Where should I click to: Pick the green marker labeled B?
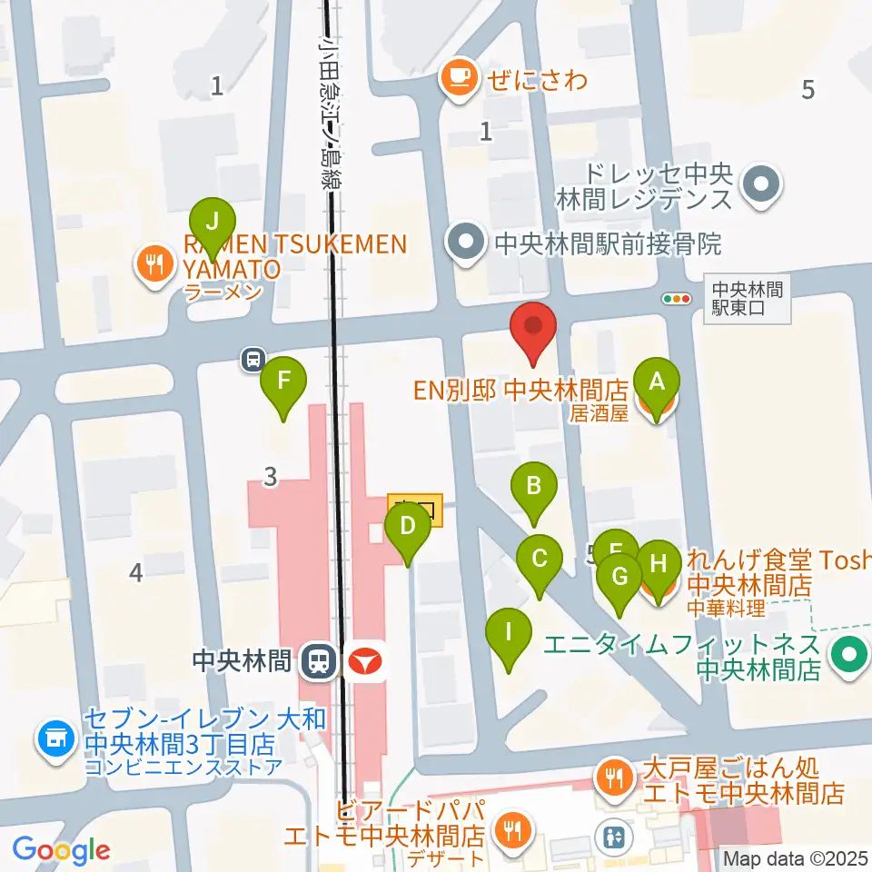click(x=534, y=488)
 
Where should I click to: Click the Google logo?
click(x=62, y=849)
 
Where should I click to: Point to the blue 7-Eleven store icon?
click(x=55, y=738)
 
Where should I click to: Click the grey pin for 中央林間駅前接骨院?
click(x=467, y=243)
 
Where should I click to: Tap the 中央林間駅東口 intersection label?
click(x=746, y=299)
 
